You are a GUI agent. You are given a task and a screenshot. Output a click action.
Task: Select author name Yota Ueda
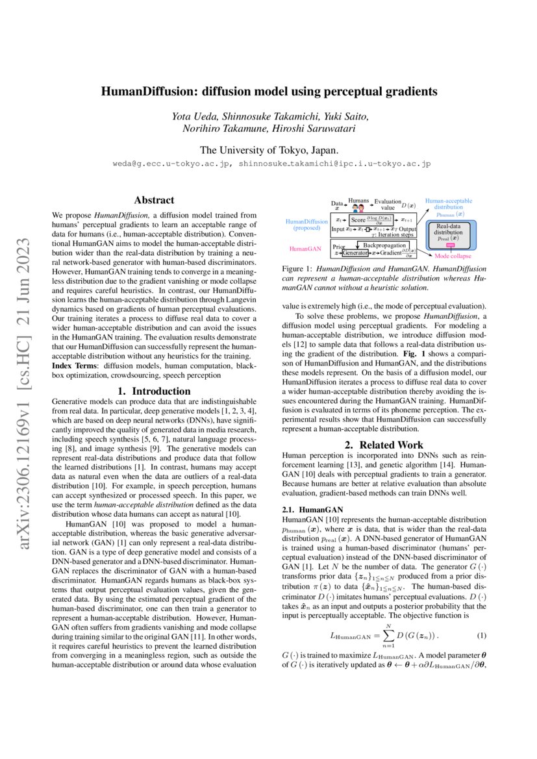coord(194,116)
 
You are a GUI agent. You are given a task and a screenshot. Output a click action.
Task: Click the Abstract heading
coord(153,201)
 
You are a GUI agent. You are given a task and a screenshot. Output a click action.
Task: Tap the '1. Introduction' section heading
coord(153,391)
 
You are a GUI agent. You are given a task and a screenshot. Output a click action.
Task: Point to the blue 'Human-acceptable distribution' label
coord(449,205)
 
